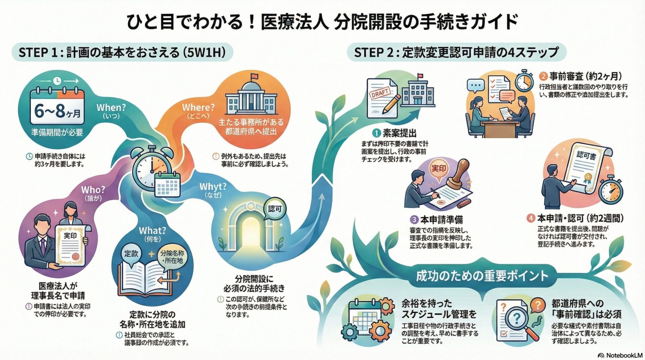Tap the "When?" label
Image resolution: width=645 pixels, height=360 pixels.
click(x=111, y=108)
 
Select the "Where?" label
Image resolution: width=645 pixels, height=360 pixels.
click(x=198, y=107)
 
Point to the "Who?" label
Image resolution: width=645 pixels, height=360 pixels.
click(x=93, y=190)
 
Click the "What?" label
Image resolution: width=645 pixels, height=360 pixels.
click(x=152, y=231)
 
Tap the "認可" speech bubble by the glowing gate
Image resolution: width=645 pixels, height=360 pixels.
click(x=274, y=209)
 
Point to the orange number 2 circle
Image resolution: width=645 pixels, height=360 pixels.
click(x=543, y=76)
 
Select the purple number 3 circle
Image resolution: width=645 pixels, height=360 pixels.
click(x=414, y=220)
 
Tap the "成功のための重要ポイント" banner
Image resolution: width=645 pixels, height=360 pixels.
click(x=482, y=276)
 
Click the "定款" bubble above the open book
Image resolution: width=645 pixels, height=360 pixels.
click(x=131, y=254)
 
